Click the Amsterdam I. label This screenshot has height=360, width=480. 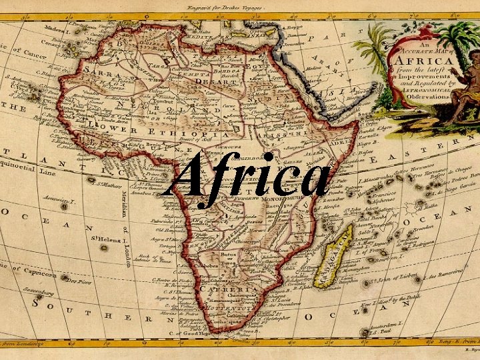coord(394,321)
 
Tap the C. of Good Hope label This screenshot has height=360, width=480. coord(193,332)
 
